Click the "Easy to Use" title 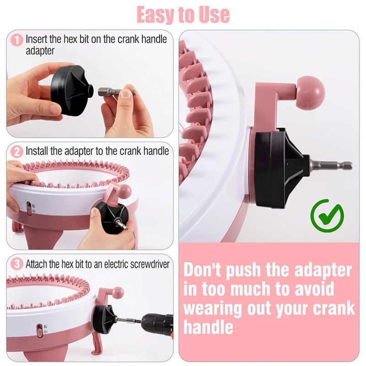[183, 14]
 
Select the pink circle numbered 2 [17, 151]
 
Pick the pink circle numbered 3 [17, 264]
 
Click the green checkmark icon [327, 215]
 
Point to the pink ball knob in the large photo [310, 93]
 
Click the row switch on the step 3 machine [40, 330]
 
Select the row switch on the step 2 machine [29, 208]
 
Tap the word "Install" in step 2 [35, 151]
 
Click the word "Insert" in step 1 [35, 40]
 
